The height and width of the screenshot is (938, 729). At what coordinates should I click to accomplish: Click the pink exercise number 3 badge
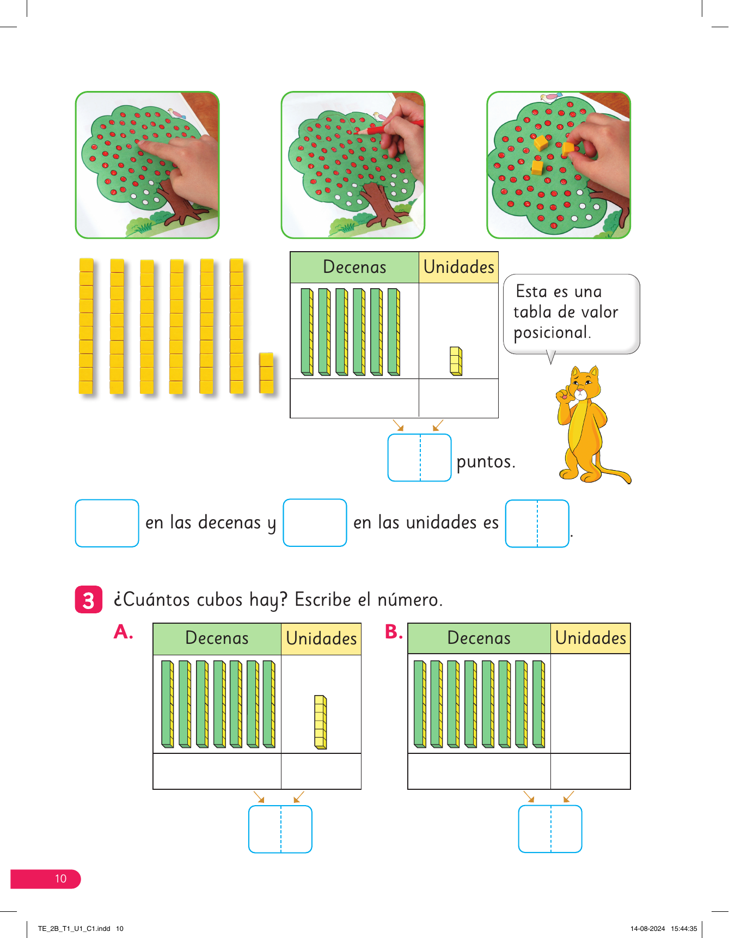pyautogui.click(x=88, y=600)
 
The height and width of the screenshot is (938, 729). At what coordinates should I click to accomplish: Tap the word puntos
pyautogui.click(x=485, y=462)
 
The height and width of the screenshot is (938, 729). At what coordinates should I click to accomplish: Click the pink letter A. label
pyautogui.click(x=124, y=632)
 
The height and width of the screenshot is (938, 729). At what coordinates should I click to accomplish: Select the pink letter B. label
pyautogui.click(x=394, y=631)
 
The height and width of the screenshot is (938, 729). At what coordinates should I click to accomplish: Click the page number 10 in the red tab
pyautogui.click(x=60, y=879)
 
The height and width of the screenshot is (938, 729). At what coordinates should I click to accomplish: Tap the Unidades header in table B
pyautogui.click(x=591, y=638)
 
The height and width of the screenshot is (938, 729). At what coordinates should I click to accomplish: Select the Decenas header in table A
pyautogui.click(x=217, y=638)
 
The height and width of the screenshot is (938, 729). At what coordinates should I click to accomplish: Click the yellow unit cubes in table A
pyautogui.click(x=321, y=722)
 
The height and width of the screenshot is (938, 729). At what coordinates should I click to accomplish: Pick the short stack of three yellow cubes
pyautogui.click(x=266, y=373)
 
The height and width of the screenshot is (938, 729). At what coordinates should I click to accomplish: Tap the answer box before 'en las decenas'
pyautogui.click(x=107, y=523)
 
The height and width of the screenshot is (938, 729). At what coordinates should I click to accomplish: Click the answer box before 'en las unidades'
pyautogui.click(x=315, y=522)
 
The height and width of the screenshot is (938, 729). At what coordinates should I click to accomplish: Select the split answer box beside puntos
pyautogui.click(x=419, y=458)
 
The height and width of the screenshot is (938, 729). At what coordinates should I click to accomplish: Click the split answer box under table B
pyautogui.click(x=550, y=829)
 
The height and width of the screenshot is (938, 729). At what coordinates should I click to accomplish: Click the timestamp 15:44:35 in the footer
pyautogui.click(x=684, y=929)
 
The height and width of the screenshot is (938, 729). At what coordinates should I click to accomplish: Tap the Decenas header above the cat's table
pyautogui.click(x=354, y=267)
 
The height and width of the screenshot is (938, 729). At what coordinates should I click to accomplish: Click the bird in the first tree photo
pyautogui.click(x=176, y=114)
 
